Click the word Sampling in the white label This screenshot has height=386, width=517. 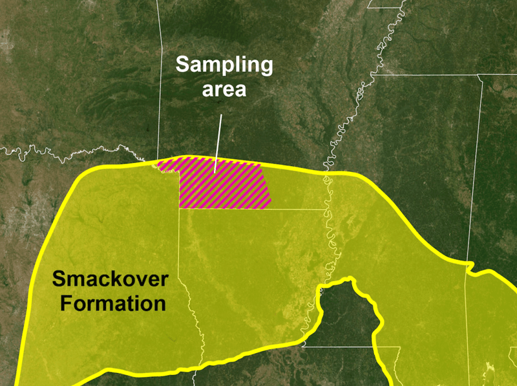pos(224,65)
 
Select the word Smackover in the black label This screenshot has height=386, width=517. pos(111,280)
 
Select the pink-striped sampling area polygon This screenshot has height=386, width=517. pos(223,188)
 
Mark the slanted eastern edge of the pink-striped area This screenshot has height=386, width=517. pos(267,184)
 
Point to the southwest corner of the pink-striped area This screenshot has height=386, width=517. pos(180,208)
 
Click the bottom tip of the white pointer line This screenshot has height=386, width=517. pos(215,171)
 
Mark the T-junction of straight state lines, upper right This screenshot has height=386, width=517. pos(480,76)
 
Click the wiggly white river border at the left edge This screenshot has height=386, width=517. pos(39,150)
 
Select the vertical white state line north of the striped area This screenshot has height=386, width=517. pos(160,78)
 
